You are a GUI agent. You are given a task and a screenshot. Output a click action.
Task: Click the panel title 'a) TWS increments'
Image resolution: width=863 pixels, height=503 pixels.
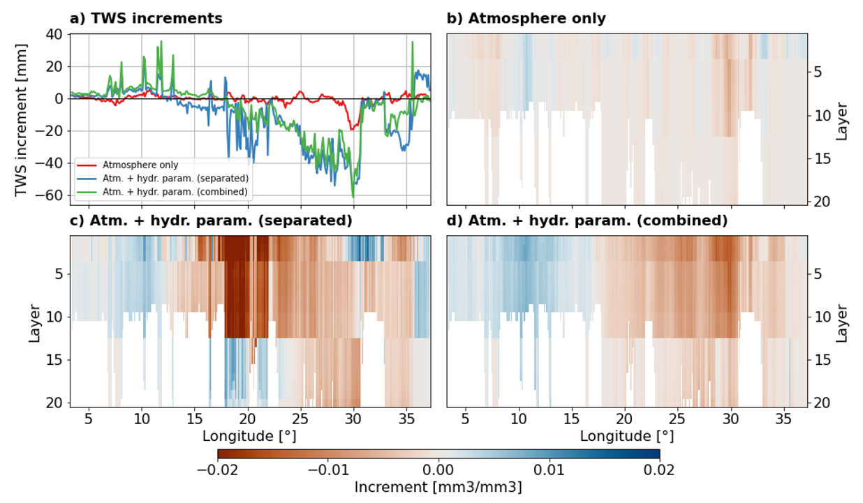(146, 19)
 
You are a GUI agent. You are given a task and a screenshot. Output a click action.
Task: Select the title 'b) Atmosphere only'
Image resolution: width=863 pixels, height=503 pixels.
(526, 19)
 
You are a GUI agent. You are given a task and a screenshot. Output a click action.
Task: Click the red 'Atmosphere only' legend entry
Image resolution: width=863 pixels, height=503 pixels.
(140, 165)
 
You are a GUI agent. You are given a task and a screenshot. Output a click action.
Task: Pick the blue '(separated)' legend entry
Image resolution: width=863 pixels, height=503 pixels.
(175, 178)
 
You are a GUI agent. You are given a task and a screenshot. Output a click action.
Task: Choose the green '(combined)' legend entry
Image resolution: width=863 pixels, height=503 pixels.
(175, 190)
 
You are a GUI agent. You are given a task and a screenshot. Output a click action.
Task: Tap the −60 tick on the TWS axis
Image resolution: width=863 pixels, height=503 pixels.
(50, 196)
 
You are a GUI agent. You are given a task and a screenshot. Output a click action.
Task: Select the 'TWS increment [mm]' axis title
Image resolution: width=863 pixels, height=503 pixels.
(22, 117)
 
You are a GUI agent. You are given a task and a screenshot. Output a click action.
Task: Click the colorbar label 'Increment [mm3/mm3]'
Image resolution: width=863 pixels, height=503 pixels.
(438, 487)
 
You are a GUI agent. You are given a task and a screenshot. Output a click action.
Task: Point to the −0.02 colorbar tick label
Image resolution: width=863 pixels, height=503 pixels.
(218, 469)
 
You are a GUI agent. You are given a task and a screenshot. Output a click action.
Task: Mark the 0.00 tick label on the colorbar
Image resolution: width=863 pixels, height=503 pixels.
(438, 469)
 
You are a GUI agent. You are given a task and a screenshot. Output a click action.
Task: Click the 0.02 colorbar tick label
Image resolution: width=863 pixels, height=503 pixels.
(659, 469)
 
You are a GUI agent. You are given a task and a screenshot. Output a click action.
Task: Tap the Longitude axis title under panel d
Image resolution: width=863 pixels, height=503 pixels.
(627, 436)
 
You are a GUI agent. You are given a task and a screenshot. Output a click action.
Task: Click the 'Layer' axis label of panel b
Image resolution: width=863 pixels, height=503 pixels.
(841, 121)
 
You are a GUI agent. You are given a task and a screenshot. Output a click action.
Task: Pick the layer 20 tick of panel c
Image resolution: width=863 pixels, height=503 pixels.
(55, 403)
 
